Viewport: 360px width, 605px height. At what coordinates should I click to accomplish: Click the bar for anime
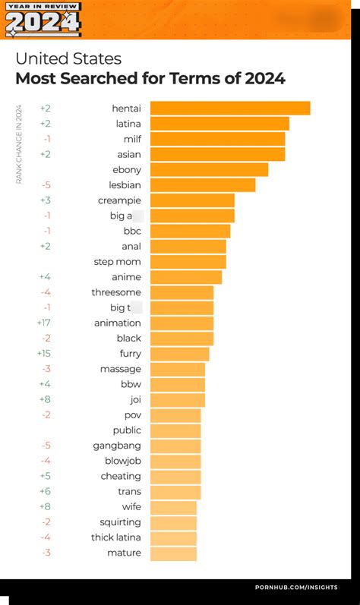click(186, 277)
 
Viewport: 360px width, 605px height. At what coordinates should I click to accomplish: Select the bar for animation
click(182, 323)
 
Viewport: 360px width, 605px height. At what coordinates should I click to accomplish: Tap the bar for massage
click(178, 369)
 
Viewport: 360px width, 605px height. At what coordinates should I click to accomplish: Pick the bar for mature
click(173, 553)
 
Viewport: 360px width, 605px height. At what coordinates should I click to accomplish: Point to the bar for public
click(175, 430)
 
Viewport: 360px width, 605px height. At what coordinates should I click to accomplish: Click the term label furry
click(130, 354)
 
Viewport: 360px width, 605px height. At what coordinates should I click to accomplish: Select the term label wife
click(131, 507)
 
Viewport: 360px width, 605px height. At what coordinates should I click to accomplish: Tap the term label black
click(128, 339)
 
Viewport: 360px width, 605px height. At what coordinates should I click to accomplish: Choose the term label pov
click(132, 415)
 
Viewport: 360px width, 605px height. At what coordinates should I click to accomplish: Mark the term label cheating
click(121, 476)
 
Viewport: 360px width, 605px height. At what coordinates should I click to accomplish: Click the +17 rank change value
click(43, 323)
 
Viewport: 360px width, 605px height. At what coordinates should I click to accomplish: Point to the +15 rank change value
click(43, 354)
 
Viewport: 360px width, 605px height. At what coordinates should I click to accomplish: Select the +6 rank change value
click(45, 492)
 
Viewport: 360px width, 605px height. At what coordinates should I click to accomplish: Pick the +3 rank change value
click(45, 200)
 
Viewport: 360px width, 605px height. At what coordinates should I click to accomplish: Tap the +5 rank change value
click(45, 476)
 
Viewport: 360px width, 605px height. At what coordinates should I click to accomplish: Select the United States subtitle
click(68, 59)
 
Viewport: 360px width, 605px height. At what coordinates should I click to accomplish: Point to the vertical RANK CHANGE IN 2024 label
click(19, 144)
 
